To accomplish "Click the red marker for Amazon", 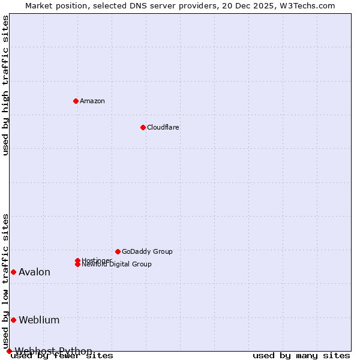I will [x=76, y=101].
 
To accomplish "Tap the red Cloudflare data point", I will [x=143, y=127].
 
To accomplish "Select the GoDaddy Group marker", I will [x=118, y=251].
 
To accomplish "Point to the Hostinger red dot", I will [x=77, y=260].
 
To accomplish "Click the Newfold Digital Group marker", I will [x=77, y=264].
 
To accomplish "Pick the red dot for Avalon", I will [x=13, y=272].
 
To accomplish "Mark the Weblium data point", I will [x=13, y=320].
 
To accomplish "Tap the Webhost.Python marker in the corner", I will [x=9, y=351].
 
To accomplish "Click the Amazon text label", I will [x=92, y=101].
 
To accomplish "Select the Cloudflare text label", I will [x=163, y=127].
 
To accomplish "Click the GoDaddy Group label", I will [x=147, y=251].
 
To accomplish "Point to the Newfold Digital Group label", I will [x=117, y=265].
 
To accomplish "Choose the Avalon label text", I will [x=35, y=272].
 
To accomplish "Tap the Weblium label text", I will [x=39, y=320].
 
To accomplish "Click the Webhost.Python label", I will [x=54, y=351].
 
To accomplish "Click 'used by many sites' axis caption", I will [x=301, y=355].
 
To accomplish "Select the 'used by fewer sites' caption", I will [x=62, y=355].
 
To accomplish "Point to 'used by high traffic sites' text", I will [x=5, y=85].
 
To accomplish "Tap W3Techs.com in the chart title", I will [x=305, y=5].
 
